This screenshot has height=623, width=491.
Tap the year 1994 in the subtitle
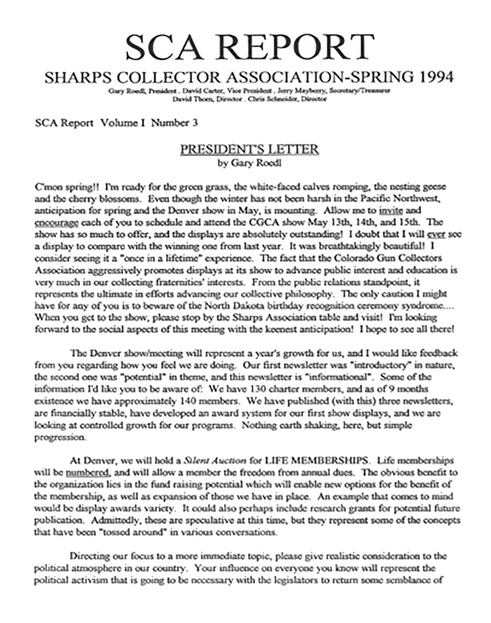click(430, 78)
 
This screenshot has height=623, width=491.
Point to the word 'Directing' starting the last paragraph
click(90, 557)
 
